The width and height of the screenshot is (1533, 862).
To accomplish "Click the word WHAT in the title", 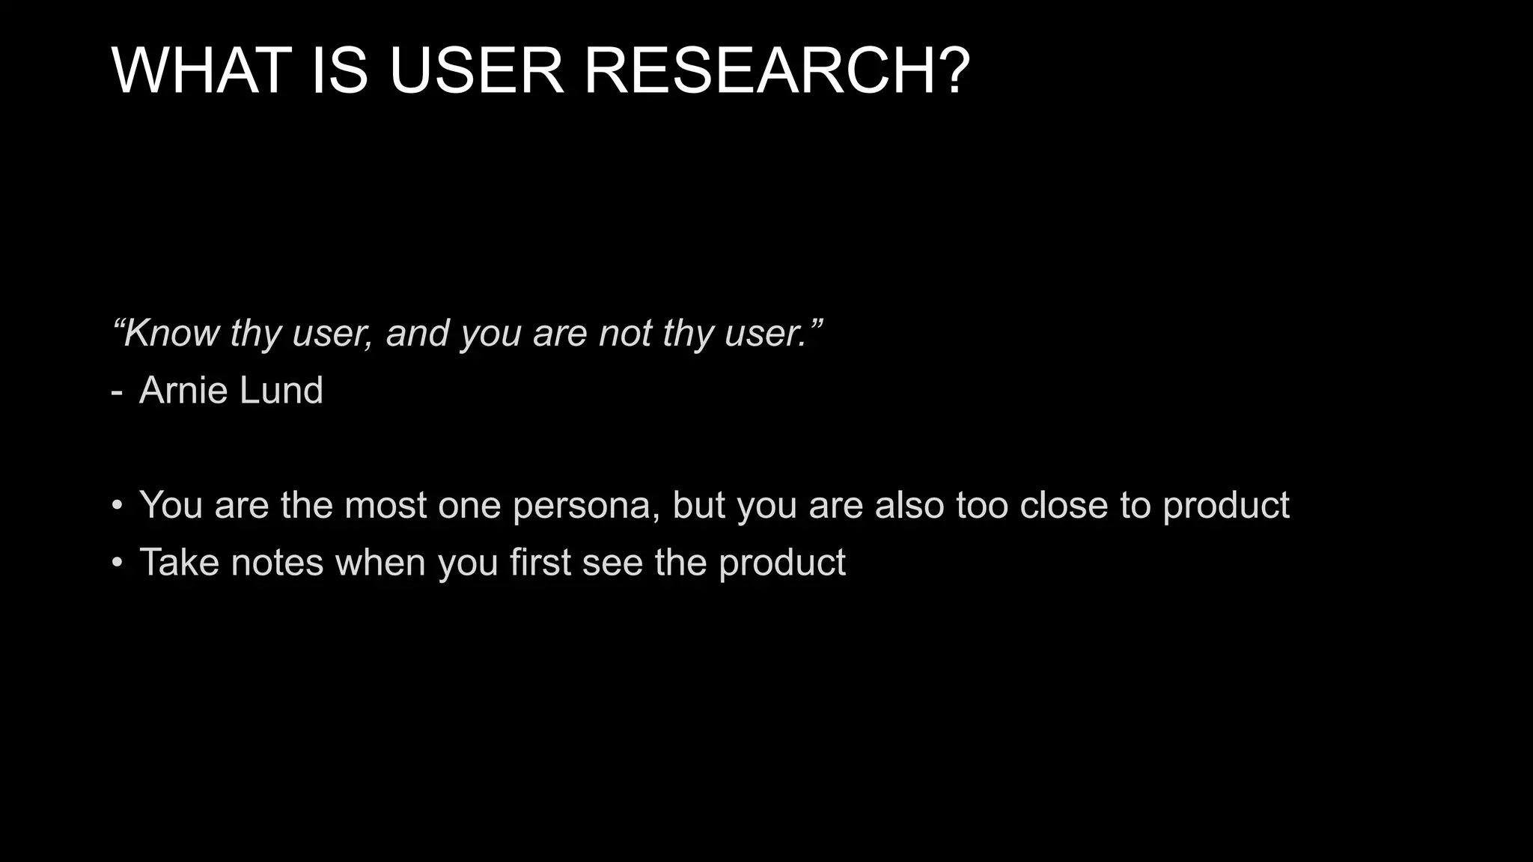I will [201, 70].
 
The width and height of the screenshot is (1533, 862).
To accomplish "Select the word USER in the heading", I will [476, 70].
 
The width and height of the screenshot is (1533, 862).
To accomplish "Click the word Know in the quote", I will [170, 333].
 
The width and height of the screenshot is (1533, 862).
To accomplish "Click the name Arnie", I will [183, 390].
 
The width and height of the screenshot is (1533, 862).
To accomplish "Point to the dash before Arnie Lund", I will [116, 391].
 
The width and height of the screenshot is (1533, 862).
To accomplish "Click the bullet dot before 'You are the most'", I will [117, 506].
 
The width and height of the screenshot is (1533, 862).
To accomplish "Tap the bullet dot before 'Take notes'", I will [117, 563].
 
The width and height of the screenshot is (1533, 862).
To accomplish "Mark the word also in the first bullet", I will [909, 505].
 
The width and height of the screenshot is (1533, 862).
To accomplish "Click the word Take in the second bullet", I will [179, 562].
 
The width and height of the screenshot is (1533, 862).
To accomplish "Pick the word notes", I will [277, 562].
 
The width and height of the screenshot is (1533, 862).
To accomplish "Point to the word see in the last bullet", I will [612, 563].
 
